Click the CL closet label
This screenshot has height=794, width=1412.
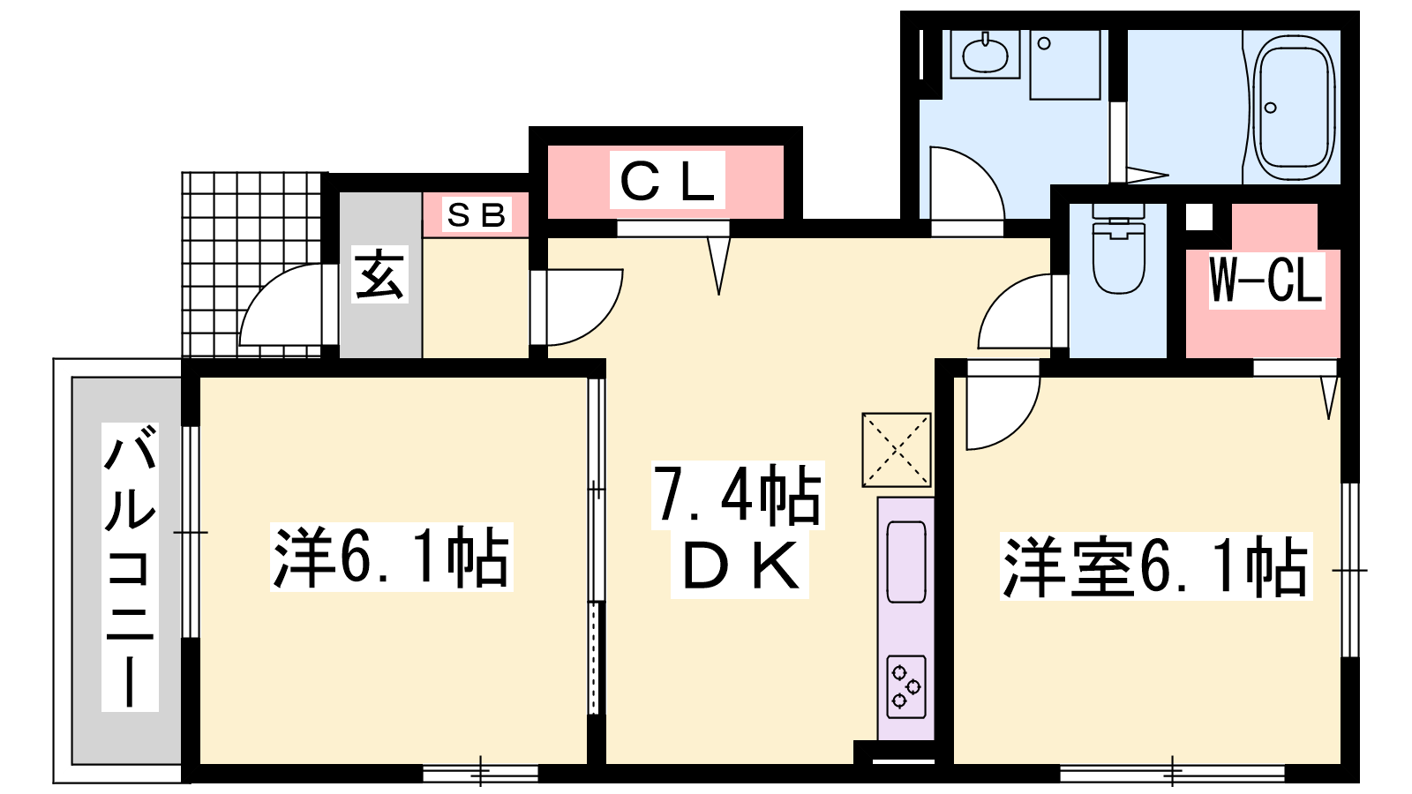point(667,181)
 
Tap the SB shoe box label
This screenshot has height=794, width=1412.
point(476,215)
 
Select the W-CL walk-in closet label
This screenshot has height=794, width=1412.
point(1266,280)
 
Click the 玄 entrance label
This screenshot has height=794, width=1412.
point(379,273)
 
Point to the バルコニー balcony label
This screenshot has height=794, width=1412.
point(130,566)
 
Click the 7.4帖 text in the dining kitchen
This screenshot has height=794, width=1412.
point(738,495)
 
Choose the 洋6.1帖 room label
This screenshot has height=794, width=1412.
point(391,557)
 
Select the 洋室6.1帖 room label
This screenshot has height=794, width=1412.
point(1156,566)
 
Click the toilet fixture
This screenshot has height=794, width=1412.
point(1118,248)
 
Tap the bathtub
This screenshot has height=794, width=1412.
point(1294,109)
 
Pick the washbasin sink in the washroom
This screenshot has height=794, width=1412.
point(985,54)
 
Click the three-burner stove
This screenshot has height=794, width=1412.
point(906,687)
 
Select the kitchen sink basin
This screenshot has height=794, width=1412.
point(905,561)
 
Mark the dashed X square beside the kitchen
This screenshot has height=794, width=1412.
point(897,449)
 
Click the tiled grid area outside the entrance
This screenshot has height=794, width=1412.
point(251,265)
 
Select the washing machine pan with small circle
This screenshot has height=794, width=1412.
point(1065,65)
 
